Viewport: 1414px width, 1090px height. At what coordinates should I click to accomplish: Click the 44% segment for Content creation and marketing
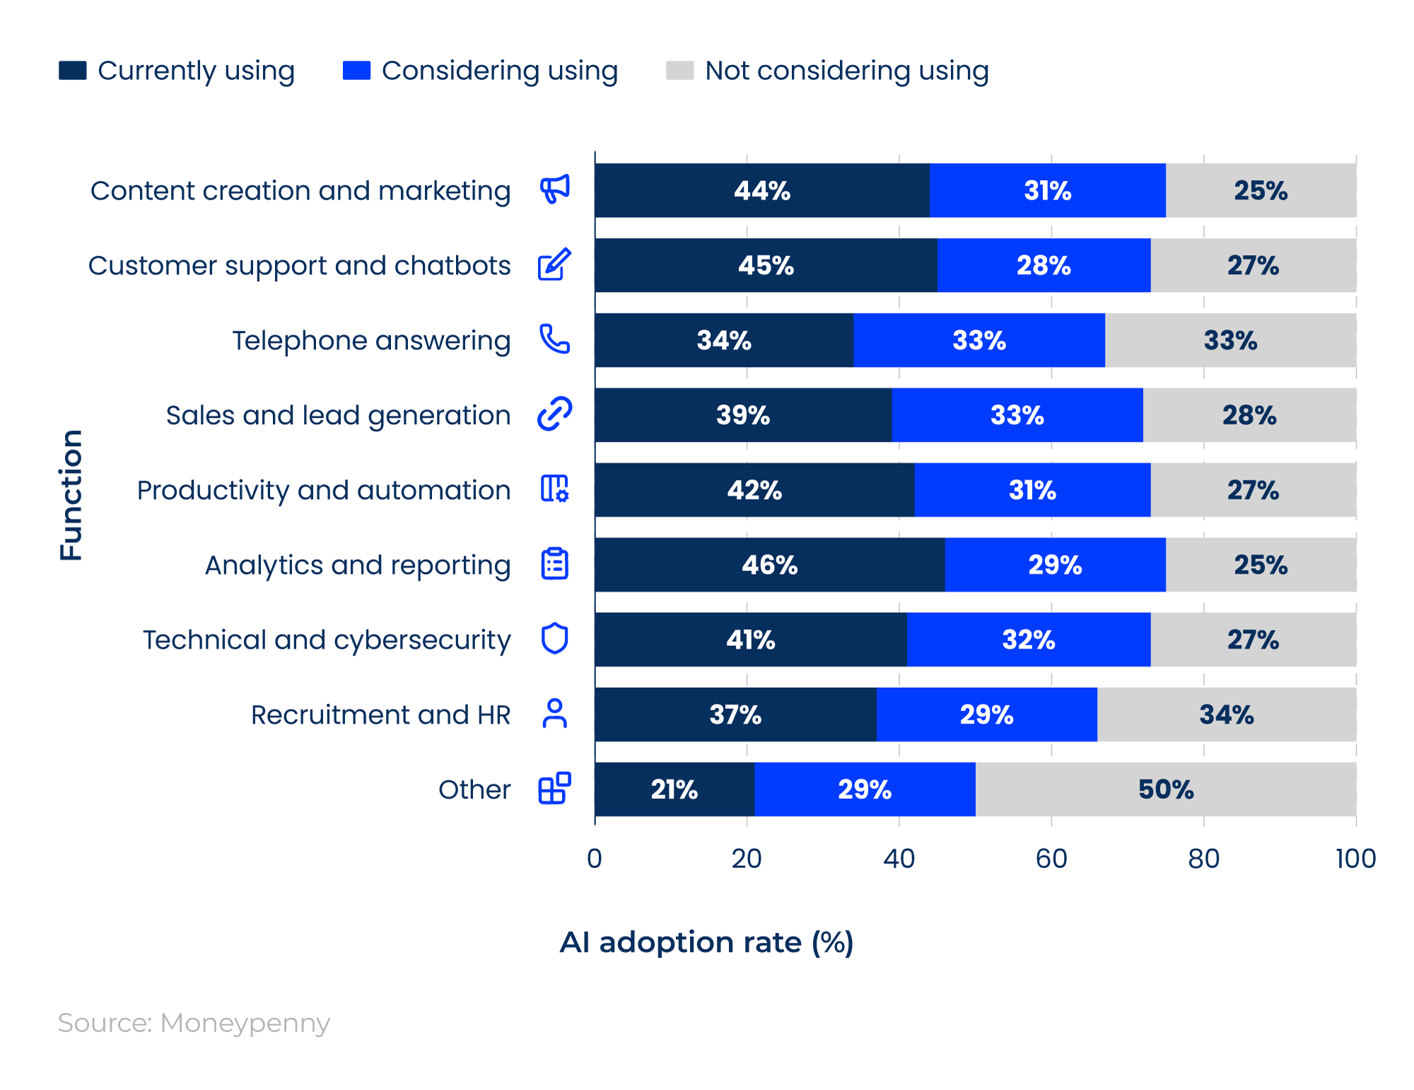click(761, 190)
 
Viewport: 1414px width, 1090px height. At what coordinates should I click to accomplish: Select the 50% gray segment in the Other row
click(1165, 789)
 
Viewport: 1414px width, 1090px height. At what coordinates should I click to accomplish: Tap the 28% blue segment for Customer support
click(1044, 265)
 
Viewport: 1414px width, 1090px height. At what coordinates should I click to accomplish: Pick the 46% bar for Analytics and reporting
click(769, 565)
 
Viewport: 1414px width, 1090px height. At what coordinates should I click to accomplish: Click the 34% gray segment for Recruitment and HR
click(1226, 715)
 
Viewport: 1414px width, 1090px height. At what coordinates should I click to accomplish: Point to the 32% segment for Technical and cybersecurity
click(1028, 640)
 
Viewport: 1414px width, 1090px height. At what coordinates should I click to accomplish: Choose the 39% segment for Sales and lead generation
click(742, 415)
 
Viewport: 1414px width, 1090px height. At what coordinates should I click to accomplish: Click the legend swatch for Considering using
click(356, 71)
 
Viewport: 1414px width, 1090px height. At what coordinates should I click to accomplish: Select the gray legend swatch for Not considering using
click(679, 71)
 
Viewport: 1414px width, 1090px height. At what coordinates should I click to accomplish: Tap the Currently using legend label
click(196, 71)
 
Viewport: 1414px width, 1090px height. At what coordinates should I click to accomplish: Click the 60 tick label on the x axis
click(1051, 858)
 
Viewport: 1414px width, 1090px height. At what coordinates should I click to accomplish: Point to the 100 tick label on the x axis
click(1355, 858)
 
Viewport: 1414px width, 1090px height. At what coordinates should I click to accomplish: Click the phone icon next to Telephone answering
click(554, 339)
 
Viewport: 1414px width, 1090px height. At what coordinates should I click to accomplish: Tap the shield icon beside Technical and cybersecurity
click(554, 638)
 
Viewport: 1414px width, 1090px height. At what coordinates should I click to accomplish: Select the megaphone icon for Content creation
click(554, 189)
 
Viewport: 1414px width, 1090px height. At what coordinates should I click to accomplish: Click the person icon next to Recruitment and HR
click(554, 713)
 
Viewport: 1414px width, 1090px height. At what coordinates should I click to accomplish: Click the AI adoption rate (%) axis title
click(706, 942)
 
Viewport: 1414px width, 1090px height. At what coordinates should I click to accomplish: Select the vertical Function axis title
click(71, 495)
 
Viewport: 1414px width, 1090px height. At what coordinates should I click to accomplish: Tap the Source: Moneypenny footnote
click(194, 1023)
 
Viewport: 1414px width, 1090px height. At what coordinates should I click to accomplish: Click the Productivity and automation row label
click(323, 490)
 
